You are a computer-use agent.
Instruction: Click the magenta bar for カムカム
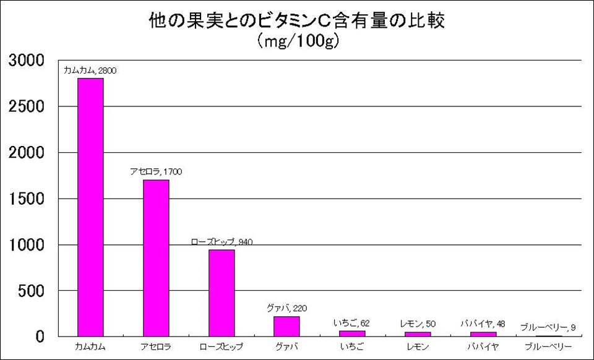pos(90,207)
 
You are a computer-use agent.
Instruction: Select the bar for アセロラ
pos(156,258)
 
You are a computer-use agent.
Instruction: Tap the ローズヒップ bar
pos(222,293)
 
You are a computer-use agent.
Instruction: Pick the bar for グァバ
pos(286,326)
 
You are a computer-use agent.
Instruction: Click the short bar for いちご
pos(352,333)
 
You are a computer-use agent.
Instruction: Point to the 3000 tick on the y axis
pos(25,61)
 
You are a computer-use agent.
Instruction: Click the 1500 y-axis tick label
pos(25,199)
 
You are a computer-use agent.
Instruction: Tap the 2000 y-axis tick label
pos(25,153)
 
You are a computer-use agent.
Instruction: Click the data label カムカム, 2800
pos(90,71)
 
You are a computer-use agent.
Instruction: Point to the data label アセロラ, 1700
pos(156,171)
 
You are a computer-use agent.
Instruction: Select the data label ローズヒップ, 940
pos(222,241)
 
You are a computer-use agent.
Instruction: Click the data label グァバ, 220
pos(286,308)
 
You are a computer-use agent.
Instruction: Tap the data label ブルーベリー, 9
pos(548,327)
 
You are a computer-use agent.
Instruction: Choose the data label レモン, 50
pos(418,324)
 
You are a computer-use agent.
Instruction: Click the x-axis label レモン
pos(418,346)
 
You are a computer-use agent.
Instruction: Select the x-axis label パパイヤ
pos(483,346)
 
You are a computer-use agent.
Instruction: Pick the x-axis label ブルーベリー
pos(548,346)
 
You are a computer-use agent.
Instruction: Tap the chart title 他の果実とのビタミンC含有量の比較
pos(297,21)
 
